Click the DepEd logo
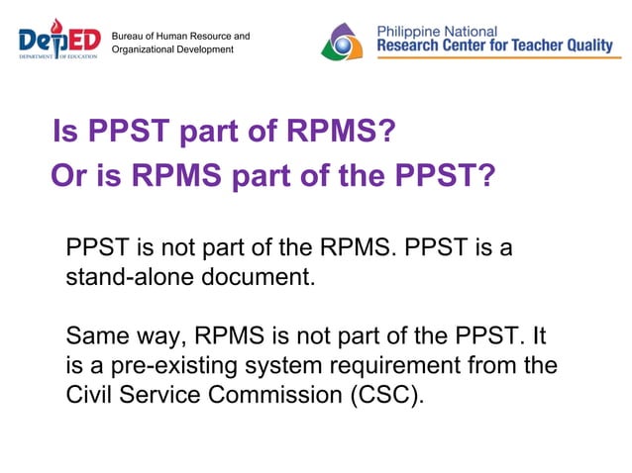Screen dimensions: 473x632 pyautogui.click(x=59, y=41)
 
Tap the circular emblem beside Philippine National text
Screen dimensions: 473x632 pyautogui.click(x=344, y=42)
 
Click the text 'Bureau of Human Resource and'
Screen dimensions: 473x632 pyautogui.click(x=180, y=37)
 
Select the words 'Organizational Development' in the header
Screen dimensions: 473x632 pyautogui.click(x=172, y=49)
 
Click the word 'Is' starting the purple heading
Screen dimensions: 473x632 pyautogui.click(x=64, y=132)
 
